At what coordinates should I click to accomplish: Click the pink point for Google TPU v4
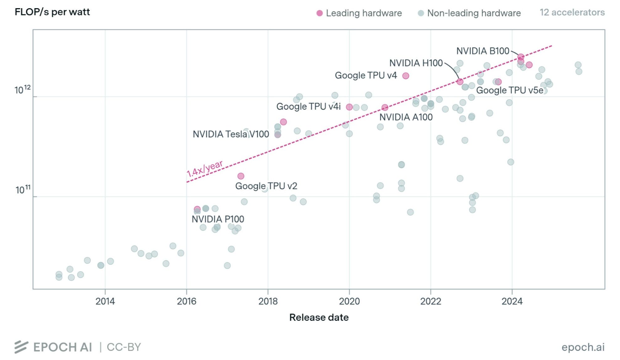point(406,76)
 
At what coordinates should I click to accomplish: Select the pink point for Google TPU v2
point(241,176)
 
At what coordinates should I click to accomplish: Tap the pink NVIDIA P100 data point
point(197,209)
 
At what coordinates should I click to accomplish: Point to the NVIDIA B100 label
point(483,51)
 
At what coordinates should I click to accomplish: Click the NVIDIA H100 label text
point(416,63)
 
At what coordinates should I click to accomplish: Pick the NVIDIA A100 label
point(406,117)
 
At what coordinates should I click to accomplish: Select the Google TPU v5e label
point(510,90)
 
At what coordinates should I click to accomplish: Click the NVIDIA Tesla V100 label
point(231,134)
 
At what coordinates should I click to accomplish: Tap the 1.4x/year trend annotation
point(205,169)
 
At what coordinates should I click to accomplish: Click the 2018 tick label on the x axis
point(268,301)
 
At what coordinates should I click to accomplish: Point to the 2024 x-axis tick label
point(512,301)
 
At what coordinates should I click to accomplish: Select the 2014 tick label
point(105,301)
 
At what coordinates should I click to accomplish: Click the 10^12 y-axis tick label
point(23,89)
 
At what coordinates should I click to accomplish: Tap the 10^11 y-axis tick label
point(23,189)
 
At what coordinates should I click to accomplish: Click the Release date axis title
point(319,317)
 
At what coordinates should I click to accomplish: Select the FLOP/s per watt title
point(52,12)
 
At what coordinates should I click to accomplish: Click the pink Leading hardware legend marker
point(319,13)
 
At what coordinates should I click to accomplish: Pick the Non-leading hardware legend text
point(474,13)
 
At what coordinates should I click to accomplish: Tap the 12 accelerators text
point(572,12)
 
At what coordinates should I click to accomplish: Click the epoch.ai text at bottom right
point(583,347)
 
